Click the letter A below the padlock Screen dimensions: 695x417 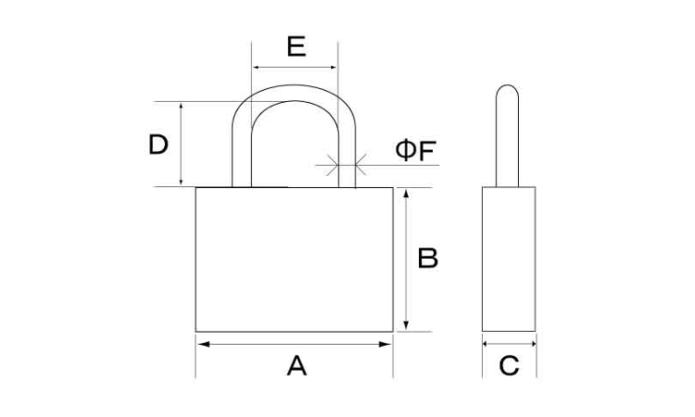[297, 366]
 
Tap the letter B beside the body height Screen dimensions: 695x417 [428, 258]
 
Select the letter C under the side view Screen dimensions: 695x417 [509, 366]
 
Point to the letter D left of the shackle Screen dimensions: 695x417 [158, 145]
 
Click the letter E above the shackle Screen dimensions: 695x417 [297, 46]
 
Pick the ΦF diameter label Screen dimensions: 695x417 [416, 150]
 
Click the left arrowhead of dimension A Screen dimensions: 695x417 [204, 345]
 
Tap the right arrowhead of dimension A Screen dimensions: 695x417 [385, 345]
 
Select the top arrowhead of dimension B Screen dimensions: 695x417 [406, 195]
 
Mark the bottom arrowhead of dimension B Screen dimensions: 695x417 [406, 324]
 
